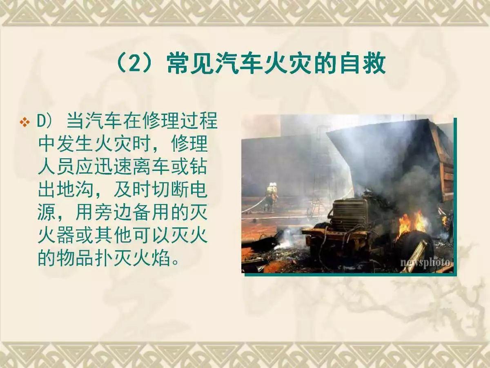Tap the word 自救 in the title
363,64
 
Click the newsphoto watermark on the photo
426,262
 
